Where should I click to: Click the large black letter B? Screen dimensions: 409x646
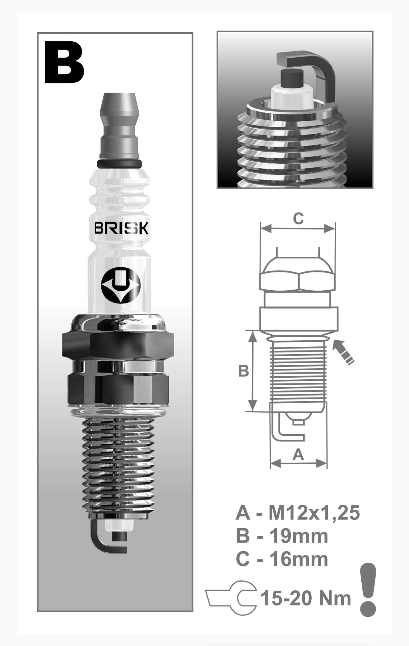tap(64, 62)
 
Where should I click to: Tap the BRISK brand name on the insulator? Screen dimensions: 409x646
tap(121, 228)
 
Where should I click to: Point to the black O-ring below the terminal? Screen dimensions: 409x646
tap(119, 164)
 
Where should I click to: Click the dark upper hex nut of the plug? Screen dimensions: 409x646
tap(118, 346)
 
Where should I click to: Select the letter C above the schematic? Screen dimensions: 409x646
tap(298, 219)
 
